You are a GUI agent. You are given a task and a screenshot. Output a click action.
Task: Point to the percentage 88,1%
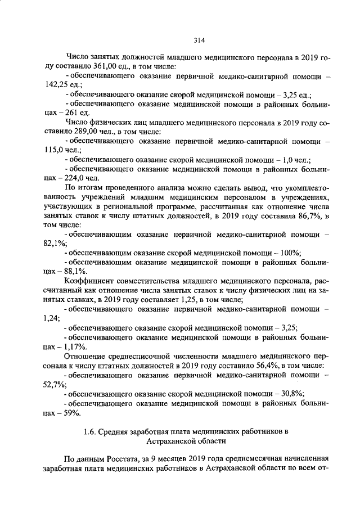tap(74, 271)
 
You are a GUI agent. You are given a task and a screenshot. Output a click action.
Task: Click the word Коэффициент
tap(90, 280)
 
